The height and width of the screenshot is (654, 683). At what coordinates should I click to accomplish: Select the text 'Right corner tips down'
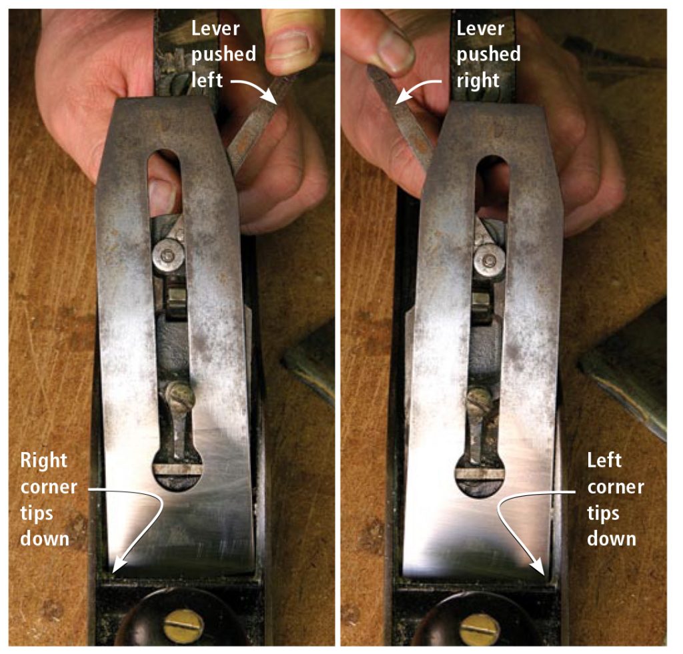tap(49, 499)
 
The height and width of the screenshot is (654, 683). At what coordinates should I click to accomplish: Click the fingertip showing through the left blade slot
tap(162, 195)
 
